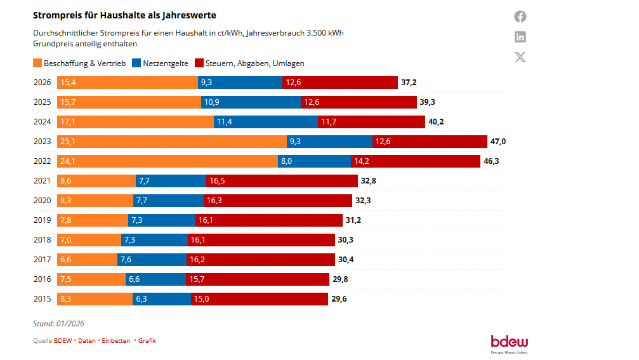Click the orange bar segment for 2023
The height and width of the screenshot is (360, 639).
pos(171,142)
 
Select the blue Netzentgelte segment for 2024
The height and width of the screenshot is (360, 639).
pos(265,122)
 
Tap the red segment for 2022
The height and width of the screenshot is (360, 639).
pos(416,161)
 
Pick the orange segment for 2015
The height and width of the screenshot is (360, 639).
pos(95,299)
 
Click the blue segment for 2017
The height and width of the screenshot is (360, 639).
pos(152,260)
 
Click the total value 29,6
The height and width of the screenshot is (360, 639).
pos(339,299)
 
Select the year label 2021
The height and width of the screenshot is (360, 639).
pos(42,181)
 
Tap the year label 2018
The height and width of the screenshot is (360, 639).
pos(42,240)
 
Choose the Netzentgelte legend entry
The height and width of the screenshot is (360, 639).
pos(159,63)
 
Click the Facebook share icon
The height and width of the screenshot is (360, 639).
pos(520,17)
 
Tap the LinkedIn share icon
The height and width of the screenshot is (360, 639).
pos(520,37)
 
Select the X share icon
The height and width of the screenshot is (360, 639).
pos(520,57)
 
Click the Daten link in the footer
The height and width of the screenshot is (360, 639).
pos(87,341)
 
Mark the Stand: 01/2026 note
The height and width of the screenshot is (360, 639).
pos(58,324)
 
